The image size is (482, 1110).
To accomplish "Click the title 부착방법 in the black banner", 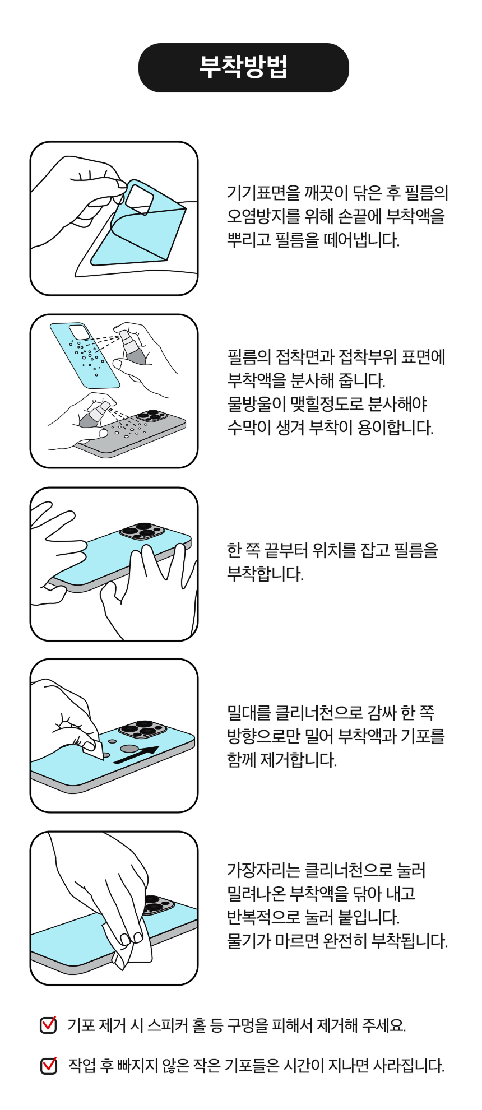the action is (243, 67).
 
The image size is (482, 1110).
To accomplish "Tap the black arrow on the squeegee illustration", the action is (136, 755).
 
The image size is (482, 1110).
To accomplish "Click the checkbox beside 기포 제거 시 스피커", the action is (49, 1025).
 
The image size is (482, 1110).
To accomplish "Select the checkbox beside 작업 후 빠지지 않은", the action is (49, 1065).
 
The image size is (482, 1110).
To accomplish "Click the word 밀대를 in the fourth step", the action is (249, 713).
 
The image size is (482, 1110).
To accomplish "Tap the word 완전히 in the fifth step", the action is (345, 941).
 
